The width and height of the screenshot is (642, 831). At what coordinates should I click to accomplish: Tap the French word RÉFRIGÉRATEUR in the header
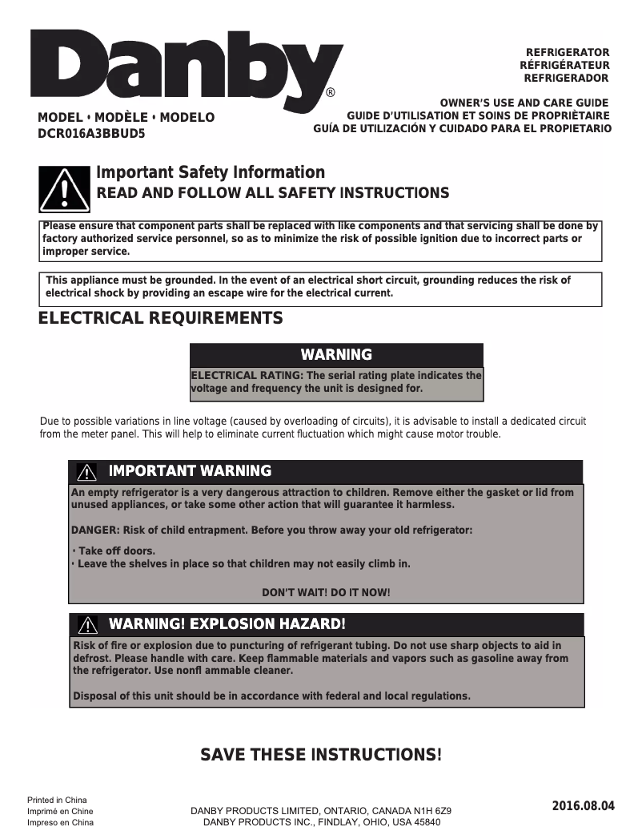(x=564, y=65)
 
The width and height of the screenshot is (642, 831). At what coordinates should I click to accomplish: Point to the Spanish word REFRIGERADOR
(x=566, y=78)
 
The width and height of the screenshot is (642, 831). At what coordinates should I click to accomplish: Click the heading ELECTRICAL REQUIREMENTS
(x=160, y=318)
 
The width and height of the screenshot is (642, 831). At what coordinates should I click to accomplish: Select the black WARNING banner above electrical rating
(x=336, y=355)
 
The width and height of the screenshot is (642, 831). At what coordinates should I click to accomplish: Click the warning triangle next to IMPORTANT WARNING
(x=87, y=472)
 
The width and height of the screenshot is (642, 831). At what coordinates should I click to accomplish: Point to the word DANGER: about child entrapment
(x=95, y=530)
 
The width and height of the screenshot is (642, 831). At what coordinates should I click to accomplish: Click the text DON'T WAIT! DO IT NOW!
(x=327, y=592)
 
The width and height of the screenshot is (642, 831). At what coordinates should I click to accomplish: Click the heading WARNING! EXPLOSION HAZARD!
(x=227, y=624)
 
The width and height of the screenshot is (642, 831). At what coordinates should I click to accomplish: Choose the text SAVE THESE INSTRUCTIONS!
(x=320, y=755)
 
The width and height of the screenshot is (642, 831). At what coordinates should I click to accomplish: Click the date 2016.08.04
(x=583, y=805)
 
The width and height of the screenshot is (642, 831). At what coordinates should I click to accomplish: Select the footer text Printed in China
(x=57, y=800)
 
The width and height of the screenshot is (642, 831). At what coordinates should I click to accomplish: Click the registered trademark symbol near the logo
(x=331, y=93)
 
